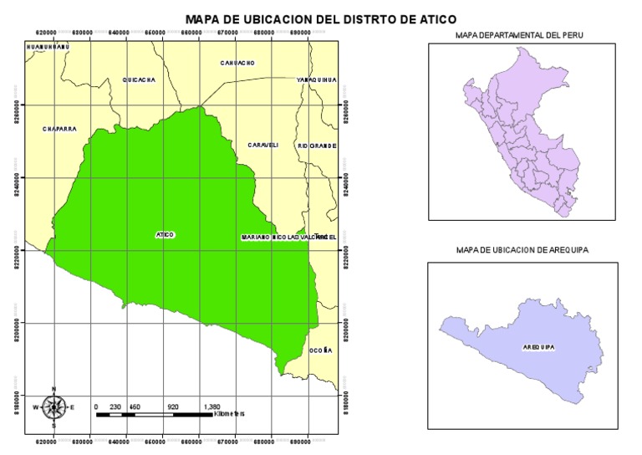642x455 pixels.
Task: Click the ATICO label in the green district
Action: (x=165, y=235)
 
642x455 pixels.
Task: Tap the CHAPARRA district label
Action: (x=60, y=129)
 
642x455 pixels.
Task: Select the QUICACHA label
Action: (x=139, y=79)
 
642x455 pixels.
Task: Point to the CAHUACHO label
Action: (x=237, y=63)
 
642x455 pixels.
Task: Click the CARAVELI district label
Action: (x=262, y=145)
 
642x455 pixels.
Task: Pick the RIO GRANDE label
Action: (x=317, y=146)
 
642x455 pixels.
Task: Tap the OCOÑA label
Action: (x=321, y=350)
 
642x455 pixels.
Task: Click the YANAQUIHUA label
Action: (x=317, y=79)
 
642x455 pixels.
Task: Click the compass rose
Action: (x=54, y=407)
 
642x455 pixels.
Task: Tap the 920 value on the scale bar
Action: (x=173, y=406)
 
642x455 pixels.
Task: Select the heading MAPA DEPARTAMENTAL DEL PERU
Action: (x=519, y=35)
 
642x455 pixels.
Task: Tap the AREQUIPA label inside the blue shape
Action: (x=538, y=345)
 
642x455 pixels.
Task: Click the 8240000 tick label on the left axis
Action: (x=14, y=177)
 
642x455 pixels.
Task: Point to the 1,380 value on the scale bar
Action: (x=212, y=406)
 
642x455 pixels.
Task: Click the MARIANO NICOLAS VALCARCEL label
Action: (x=288, y=238)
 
